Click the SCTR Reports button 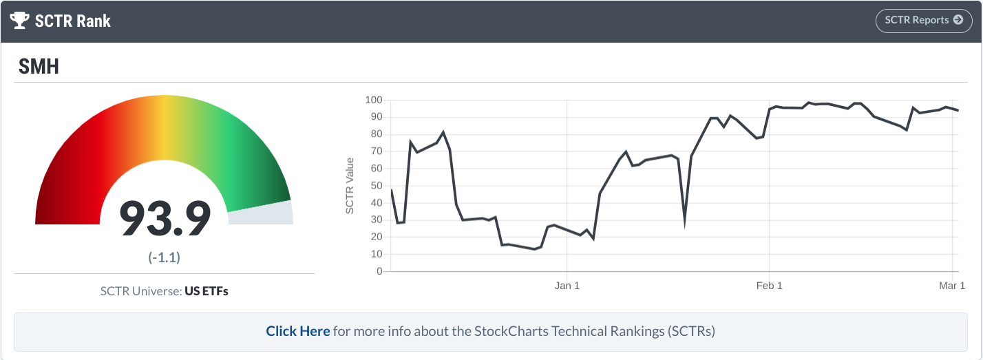pyautogui.click(x=923, y=21)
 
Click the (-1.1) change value pyautogui.click(x=165, y=257)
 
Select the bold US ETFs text pyautogui.click(x=207, y=291)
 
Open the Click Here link pyautogui.click(x=298, y=331)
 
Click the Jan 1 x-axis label pyautogui.click(x=567, y=286)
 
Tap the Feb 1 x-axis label pyautogui.click(x=769, y=286)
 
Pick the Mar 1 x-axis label pyautogui.click(x=952, y=286)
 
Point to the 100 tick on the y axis pyautogui.click(x=373, y=100)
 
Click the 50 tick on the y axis pyautogui.click(x=376, y=186)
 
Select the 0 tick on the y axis pyautogui.click(x=379, y=271)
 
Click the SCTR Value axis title pyautogui.click(x=350, y=186)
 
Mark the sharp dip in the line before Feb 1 pyautogui.click(x=684, y=222)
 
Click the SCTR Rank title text pyautogui.click(x=73, y=21)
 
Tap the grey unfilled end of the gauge pyautogui.click(x=260, y=214)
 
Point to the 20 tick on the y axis pyautogui.click(x=376, y=237)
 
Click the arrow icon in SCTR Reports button pyautogui.click(x=958, y=20)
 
